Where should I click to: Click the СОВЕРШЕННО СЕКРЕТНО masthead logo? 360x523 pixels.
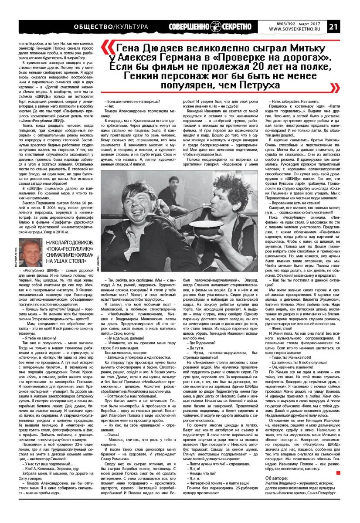click(211, 26)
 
